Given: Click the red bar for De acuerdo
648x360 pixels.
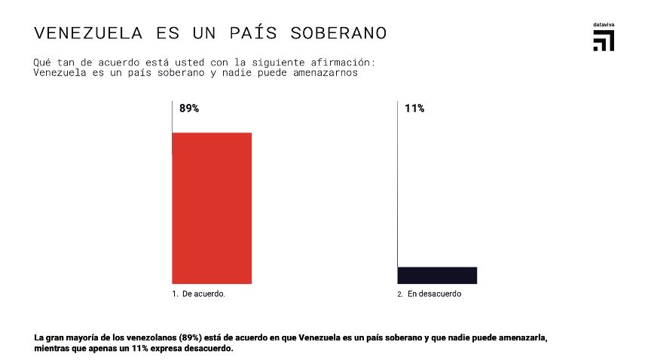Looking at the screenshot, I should point(212,208).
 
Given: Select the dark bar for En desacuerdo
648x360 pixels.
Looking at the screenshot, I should point(437,275).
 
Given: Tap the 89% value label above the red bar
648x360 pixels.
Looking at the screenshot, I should point(189,108).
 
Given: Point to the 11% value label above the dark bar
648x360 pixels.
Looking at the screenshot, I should point(414,108).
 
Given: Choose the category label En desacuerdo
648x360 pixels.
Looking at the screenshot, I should point(434,294).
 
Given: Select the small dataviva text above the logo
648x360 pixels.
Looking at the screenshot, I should point(604,25).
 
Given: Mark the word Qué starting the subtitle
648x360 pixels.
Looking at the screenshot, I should point(42,62).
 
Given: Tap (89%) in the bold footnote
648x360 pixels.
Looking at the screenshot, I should point(191,337).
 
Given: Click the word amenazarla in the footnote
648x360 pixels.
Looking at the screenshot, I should point(522,337).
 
